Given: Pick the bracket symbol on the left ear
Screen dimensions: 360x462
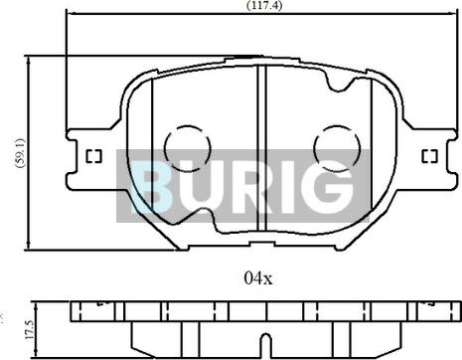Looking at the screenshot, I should [94, 157].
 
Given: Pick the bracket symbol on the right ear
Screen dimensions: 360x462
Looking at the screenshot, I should [429, 157].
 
